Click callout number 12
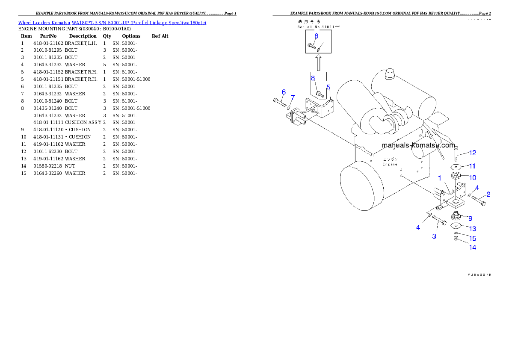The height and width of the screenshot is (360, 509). [x=472, y=153]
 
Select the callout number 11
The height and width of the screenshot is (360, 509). [x=472, y=166]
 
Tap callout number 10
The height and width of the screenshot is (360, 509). [x=472, y=177]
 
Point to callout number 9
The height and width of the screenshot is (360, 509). [x=470, y=218]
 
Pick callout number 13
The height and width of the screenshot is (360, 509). [x=472, y=229]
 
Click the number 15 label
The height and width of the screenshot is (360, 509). [x=472, y=239]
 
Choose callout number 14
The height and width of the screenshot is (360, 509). [x=472, y=248]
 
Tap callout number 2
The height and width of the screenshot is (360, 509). [x=488, y=194]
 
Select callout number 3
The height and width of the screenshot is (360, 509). [x=434, y=236]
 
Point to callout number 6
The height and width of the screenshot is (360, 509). [x=284, y=92]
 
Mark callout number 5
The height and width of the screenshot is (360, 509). [x=328, y=87]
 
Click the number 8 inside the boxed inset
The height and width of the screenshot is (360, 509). [x=316, y=36]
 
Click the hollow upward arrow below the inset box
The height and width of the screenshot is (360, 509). [x=318, y=63]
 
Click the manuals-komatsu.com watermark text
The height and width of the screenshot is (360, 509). [x=418, y=145]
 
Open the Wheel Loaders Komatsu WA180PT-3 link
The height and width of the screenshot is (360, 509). [x=112, y=23]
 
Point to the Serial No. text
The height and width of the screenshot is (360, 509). [x=319, y=27]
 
